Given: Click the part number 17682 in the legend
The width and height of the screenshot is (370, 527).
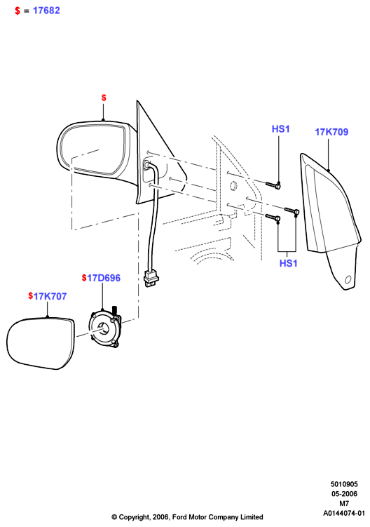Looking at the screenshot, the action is click(46, 11).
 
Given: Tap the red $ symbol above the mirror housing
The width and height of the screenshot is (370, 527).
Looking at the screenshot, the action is click(104, 98).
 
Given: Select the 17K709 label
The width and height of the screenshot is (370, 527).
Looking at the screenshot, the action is click(331, 132).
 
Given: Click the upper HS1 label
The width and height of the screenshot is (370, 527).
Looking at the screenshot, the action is click(280, 129).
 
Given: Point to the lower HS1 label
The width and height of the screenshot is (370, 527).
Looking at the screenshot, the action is click(289, 263).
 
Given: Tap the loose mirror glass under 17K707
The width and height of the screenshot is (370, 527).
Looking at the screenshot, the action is click(41, 343).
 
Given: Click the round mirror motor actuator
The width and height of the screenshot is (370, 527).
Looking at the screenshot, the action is click(104, 328).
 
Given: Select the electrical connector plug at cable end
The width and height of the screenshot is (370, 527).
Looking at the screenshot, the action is click(151, 278).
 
